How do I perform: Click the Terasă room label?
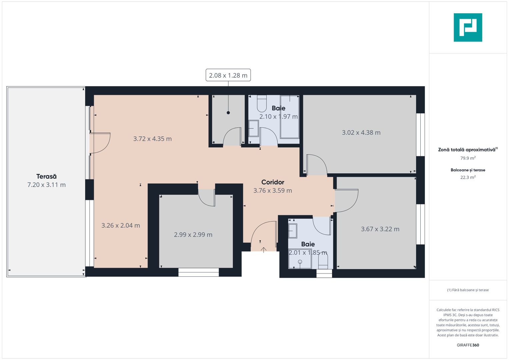[x=46, y=176]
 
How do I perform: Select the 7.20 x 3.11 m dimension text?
[x=46, y=185]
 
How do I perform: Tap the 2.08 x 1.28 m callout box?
[x=228, y=75]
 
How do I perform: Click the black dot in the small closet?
[x=228, y=113]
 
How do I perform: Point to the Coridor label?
[x=273, y=182]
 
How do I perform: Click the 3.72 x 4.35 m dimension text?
[x=152, y=139]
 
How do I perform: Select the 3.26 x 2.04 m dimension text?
[x=121, y=225]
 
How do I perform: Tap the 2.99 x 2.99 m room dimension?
[x=193, y=234]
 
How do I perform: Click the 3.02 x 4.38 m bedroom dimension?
[x=361, y=132]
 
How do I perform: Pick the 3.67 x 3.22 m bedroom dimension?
[x=380, y=229]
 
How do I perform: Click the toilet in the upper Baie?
[x=262, y=104]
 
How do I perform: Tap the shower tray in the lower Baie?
[x=300, y=262]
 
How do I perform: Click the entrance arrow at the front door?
[x=264, y=250]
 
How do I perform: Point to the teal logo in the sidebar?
[x=468, y=27]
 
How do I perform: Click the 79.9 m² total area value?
[x=468, y=158]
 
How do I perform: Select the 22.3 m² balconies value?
[x=468, y=177]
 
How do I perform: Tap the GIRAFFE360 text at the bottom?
[x=468, y=345]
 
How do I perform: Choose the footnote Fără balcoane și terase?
[x=468, y=290]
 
